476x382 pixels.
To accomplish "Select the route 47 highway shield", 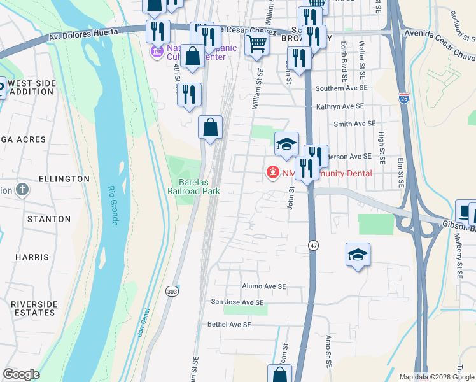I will (x=313, y=245).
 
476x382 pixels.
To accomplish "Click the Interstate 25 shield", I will (x=404, y=97).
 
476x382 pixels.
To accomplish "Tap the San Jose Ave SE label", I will (x=237, y=302).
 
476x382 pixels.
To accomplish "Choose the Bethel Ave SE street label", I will (x=230, y=325).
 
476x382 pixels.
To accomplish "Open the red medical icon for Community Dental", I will (x=272, y=173).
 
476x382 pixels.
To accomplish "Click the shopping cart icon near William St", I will (x=256, y=44).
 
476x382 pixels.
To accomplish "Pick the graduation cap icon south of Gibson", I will (x=358, y=255).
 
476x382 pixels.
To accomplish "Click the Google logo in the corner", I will (x=22, y=374).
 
